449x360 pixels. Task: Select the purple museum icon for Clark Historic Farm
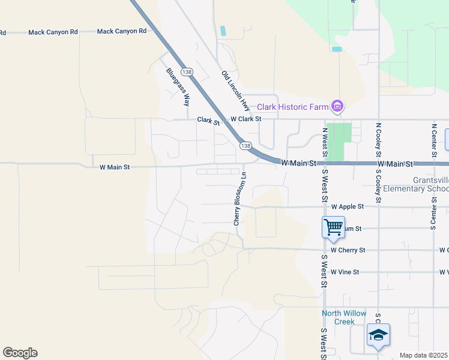pyautogui.click(x=337, y=107)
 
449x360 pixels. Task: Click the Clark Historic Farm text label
pyautogui.click(x=293, y=107)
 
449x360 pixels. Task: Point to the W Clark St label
pyautogui.click(x=246, y=119)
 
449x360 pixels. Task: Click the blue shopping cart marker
pyautogui.click(x=333, y=227)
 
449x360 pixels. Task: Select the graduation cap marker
pyautogui.click(x=378, y=335)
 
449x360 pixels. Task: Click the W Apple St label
pyautogui.click(x=348, y=206)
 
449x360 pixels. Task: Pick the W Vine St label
pyautogui.click(x=345, y=272)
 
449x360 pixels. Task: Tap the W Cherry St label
pyautogui.click(x=348, y=250)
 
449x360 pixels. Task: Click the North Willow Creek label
pyautogui.click(x=344, y=317)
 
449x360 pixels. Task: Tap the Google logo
pyautogui.click(x=20, y=353)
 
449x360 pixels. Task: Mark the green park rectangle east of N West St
pyautogui.click(x=339, y=142)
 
